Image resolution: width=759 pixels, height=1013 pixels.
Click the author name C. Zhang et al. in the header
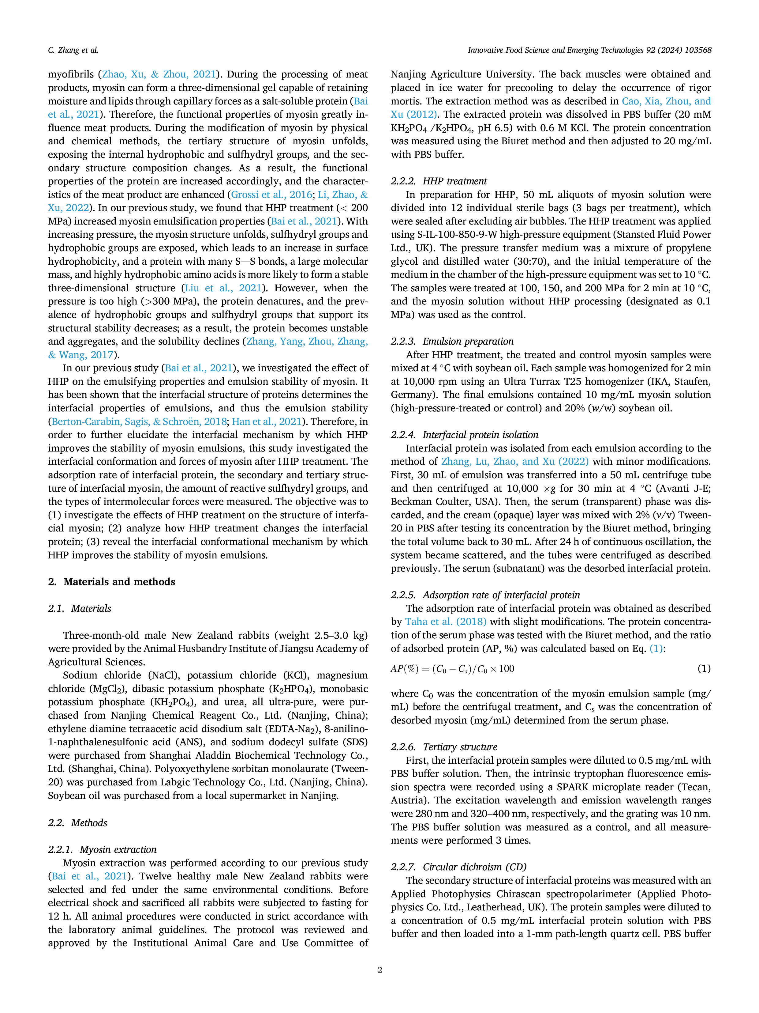[x=73, y=50]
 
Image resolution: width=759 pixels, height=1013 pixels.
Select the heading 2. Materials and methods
[x=112, y=582]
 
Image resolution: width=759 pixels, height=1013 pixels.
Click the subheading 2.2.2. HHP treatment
[x=439, y=181]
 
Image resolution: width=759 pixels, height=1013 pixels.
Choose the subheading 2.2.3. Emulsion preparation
[x=452, y=341]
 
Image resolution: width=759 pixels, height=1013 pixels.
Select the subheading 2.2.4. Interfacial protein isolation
[x=464, y=435]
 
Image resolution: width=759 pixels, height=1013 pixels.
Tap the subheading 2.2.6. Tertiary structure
[x=444, y=747]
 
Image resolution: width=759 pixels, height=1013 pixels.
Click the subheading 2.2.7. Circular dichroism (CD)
[x=458, y=867]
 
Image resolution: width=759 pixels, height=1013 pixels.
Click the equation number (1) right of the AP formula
[x=704, y=669]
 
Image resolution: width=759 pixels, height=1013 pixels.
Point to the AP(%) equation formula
[x=452, y=669]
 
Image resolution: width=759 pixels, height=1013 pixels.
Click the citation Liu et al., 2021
[x=223, y=288]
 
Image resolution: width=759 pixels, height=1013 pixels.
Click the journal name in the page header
[x=589, y=50]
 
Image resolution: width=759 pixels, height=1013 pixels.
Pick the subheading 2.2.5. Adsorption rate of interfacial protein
[x=485, y=595]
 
